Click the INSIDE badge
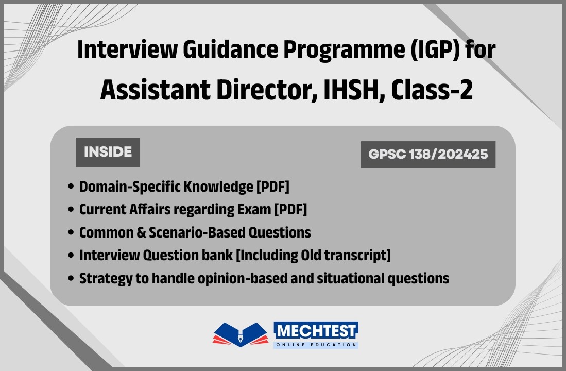pos(108,152)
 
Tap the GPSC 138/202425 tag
pos(428,154)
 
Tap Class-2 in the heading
pos(432,90)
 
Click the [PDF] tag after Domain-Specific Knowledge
pos(272,187)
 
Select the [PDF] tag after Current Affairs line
pos(290,209)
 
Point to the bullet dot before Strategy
pos(71,279)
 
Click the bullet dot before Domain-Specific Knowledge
pos(71,187)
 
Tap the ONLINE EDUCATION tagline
pos(316,344)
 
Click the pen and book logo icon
pos(241,334)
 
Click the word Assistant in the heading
pos(152,90)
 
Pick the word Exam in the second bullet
pos(256,209)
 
